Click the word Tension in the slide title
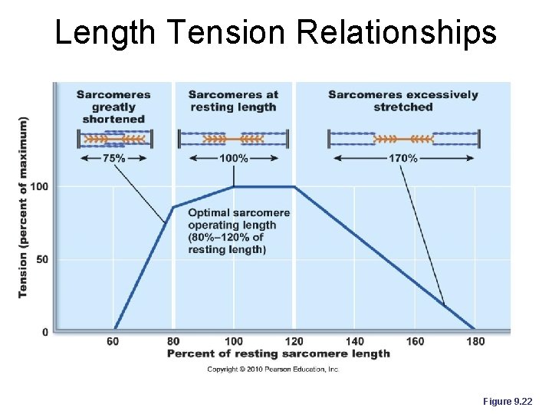[x=222, y=33]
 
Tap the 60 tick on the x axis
[x=113, y=341]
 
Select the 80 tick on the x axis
[x=173, y=341]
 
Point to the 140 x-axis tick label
[x=354, y=341]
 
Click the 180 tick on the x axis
[x=475, y=341]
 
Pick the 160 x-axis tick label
[x=415, y=341]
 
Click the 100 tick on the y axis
[x=39, y=187]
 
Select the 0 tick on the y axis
[x=44, y=332]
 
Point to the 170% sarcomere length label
[x=403, y=159]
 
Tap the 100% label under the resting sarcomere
[x=233, y=159]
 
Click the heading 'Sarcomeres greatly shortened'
[x=113, y=107]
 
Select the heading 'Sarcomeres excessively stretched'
[x=402, y=101]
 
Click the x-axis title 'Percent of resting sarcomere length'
[x=278, y=353]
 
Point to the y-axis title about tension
[x=23, y=207]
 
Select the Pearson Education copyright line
[x=273, y=369]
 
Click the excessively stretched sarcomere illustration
[x=403, y=139]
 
